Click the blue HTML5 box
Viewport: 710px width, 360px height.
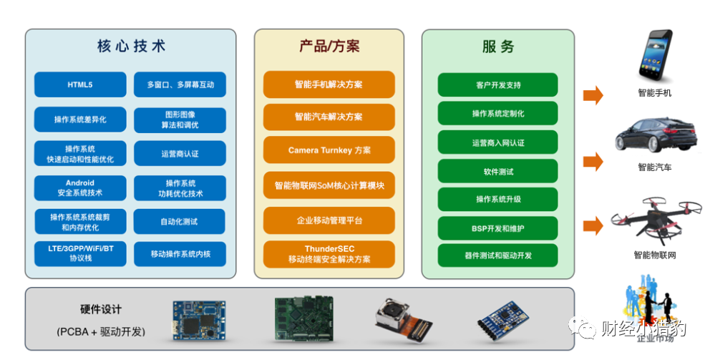80,84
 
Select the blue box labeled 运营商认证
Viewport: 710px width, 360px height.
180,153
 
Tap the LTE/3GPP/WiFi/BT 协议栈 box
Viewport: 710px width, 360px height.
80,253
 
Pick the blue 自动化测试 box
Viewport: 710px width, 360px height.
180,221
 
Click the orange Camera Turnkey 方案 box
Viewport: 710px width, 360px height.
329,150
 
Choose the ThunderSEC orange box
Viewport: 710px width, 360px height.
329,254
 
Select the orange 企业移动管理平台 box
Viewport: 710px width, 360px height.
329,220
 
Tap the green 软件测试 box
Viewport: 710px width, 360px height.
497,171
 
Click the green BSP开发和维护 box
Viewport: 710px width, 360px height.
497,228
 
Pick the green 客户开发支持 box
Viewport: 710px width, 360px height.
497,84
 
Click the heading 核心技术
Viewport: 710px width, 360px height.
131,46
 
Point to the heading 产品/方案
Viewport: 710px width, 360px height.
329,46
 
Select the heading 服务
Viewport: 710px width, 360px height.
498,47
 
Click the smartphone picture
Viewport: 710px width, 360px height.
655,56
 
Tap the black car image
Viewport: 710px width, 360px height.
656,135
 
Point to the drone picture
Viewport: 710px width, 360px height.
655,223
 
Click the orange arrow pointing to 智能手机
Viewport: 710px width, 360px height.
593,95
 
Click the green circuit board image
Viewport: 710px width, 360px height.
304,318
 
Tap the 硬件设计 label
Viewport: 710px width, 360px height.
100,309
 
